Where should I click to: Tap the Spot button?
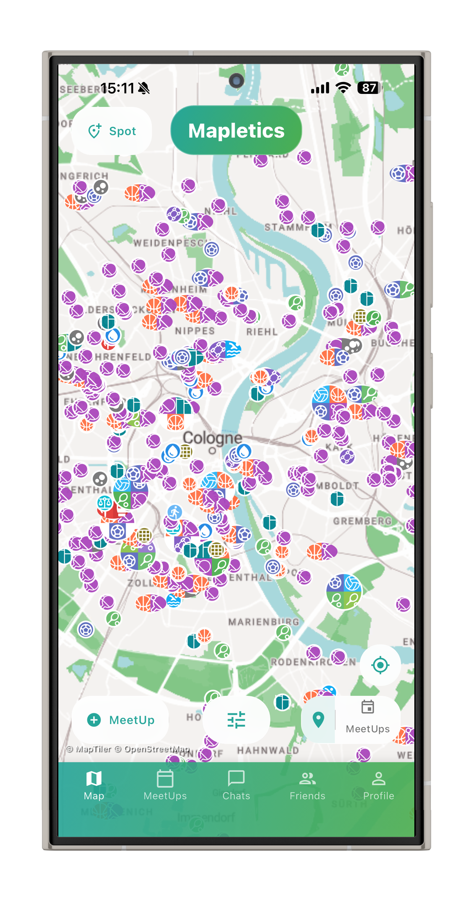pos(112,131)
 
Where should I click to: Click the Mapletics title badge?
pos(236,131)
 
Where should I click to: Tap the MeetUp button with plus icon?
pos(121,720)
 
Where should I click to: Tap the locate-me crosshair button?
pos(380,665)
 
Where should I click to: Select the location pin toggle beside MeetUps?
pos(318,720)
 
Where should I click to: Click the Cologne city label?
pos(213,438)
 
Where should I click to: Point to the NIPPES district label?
pos(195,331)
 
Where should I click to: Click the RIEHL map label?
pos(262,332)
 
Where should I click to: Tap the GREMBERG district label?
pos(362,521)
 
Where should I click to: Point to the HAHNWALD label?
pos(268,751)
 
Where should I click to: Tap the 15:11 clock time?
pos(117,89)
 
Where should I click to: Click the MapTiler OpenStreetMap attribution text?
pos(128,749)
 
